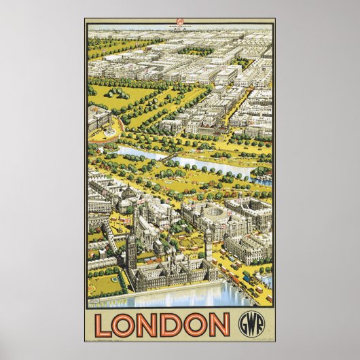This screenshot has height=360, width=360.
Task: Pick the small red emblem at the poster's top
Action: click(180, 24)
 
